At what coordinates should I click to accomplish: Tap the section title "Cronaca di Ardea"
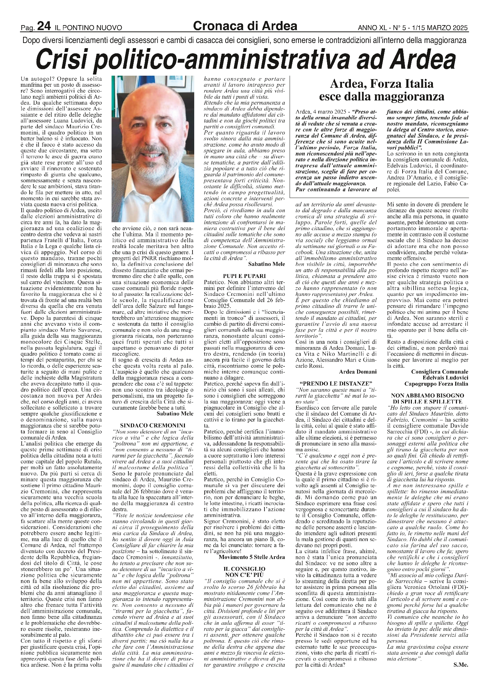click(x=245, y=25)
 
